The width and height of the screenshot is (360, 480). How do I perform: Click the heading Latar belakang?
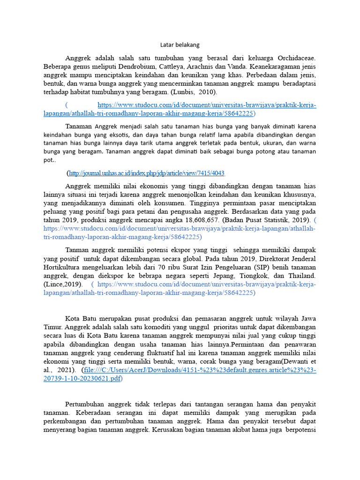point(180,45)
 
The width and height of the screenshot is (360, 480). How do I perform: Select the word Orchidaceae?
point(294,58)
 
